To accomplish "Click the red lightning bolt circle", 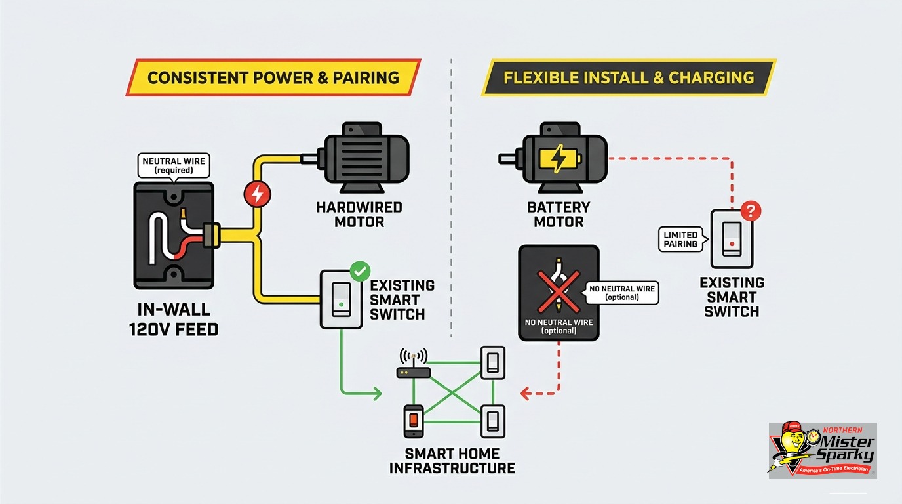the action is click(258, 194).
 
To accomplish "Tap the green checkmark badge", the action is click(360, 271).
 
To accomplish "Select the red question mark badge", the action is click(750, 211).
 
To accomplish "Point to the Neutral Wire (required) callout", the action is click(174, 166).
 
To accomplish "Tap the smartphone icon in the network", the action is click(414, 421).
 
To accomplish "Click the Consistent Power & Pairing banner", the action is click(273, 77).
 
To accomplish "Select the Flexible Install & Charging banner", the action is click(629, 77).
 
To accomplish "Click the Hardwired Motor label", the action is click(359, 215).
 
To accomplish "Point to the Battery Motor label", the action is click(559, 215).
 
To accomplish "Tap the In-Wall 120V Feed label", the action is click(174, 320).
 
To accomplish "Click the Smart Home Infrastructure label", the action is click(452, 461).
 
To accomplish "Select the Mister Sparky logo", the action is click(823, 451).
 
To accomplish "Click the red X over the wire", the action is click(559, 291).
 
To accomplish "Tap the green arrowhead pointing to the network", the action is click(377, 393).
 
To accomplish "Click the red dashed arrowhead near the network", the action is click(525, 393).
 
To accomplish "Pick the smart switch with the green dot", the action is click(342, 299).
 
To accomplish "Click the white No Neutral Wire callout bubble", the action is click(621, 293).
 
